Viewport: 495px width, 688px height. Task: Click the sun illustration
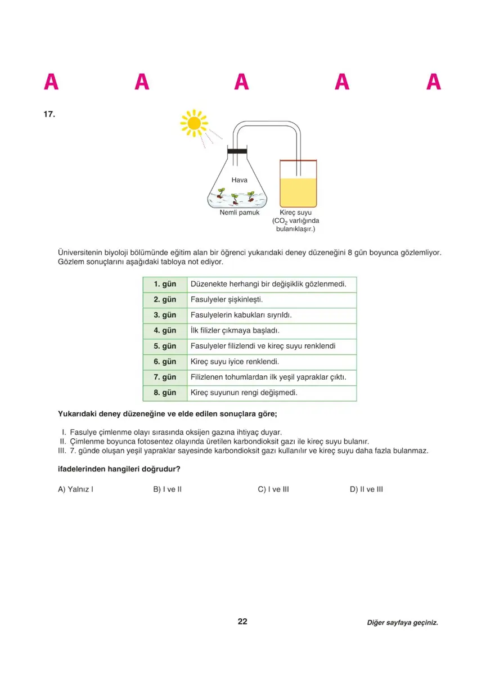coord(194,123)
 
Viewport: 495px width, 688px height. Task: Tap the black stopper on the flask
coord(237,151)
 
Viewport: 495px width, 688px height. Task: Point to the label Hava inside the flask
coord(240,181)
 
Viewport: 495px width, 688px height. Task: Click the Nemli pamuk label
coord(240,213)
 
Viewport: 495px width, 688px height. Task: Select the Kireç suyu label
coord(296,213)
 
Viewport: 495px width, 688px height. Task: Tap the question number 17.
coord(49,114)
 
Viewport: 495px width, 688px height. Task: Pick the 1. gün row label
coord(165,284)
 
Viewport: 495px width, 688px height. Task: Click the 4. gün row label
coord(165,330)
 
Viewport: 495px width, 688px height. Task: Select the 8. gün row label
coord(165,393)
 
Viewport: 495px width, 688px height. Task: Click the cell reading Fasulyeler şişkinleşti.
coord(227,300)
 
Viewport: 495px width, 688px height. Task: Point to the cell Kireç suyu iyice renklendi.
coord(235,362)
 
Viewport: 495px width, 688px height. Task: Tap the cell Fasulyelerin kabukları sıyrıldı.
coord(241,315)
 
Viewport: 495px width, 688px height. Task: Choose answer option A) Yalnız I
coord(75,489)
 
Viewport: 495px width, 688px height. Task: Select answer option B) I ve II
coord(168,489)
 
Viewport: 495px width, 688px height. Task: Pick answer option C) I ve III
coord(273,489)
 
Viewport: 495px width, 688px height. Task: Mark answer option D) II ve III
coord(366,489)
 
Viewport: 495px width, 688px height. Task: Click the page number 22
coord(242,622)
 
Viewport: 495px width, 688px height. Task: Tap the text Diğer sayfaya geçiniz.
coord(402,623)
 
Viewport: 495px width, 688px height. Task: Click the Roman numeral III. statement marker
coord(62,451)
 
